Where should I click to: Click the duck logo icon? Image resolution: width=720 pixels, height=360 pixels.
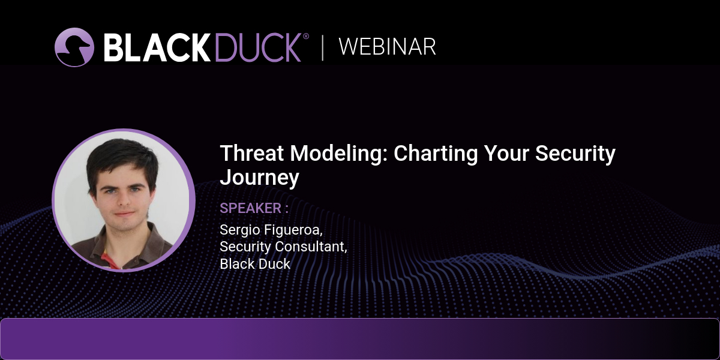tap(74, 47)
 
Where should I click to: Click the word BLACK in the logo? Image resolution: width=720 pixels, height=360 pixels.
tap(157, 47)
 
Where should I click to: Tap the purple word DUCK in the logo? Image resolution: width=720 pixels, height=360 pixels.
tap(258, 47)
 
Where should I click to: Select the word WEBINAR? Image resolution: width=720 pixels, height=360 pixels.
tap(388, 47)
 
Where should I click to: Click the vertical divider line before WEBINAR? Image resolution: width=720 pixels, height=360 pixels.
tap(322, 48)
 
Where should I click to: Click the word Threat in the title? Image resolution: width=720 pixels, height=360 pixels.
tap(252, 153)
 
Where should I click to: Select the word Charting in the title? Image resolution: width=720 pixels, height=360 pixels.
tap(436, 154)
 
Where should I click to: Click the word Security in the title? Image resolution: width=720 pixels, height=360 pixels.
tap(575, 154)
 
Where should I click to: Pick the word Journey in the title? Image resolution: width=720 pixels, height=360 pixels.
tap(259, 178)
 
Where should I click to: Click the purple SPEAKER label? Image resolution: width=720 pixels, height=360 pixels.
tap(251, 208)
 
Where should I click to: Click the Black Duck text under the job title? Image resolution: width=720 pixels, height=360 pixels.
tap(255, 264)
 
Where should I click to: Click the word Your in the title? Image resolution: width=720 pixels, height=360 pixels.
tap(506, 153)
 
